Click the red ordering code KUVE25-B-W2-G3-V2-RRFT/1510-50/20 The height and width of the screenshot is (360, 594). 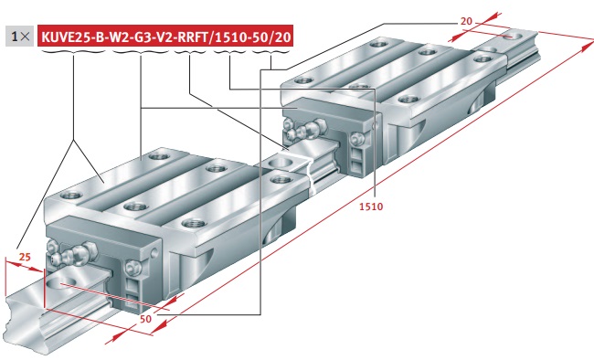[x=165, y=37]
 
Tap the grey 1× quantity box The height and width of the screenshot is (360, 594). [x=20, y=37]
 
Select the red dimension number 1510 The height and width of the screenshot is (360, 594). [x=371, y=206]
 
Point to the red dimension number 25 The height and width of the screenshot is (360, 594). [x=25, y=257]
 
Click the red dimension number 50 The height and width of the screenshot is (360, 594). [x=145, y=319]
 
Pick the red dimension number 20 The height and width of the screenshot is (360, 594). [x=466, y=21]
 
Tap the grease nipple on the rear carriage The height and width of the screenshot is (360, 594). [x=309, y=128]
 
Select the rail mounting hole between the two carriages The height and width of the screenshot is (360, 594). [x=281, y=164]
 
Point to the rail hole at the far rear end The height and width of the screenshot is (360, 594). [x=512, y=37]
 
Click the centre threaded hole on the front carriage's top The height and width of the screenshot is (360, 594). [x=135, y=206]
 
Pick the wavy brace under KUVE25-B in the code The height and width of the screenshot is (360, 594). [x=73, y=51]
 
